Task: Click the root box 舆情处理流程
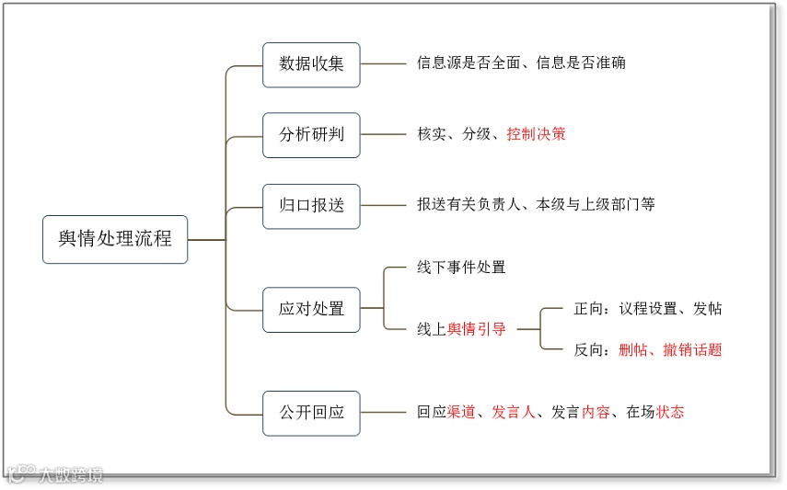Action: tap(115, 239)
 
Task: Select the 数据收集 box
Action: tap(311, 64)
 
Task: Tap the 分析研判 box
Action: tap(311, 135)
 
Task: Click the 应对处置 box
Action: tap(311, 309)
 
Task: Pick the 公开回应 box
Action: tap(311, 413)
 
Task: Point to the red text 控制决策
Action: tap(536, 134)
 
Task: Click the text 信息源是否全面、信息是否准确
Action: tap(521, 63)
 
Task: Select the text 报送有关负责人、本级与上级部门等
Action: tap(536, 205)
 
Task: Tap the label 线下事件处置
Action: tap(461, 268)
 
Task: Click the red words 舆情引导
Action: tap(476, 329)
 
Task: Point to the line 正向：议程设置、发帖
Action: tap(648, 309)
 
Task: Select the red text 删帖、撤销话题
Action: tap(670, 349)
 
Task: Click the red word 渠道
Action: tap(460, 413)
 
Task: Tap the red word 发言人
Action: tap(514, 413)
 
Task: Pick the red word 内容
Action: tap(596, 413)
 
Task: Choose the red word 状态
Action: tap(670, 413)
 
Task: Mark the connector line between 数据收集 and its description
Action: tap(383, 64)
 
